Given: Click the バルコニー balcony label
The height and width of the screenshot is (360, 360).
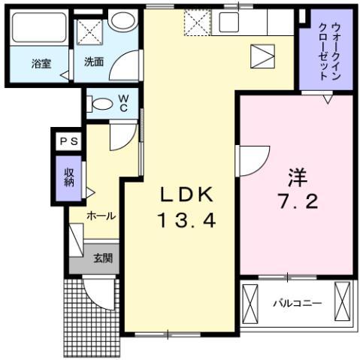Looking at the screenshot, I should point(297,303).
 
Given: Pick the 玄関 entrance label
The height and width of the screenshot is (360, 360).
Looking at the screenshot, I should point(103,259).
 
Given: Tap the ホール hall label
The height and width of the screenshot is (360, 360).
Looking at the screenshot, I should point(101,216).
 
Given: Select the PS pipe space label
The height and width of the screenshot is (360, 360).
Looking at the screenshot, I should point(68,141).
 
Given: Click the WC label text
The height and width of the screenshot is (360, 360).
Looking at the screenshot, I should point(123,103).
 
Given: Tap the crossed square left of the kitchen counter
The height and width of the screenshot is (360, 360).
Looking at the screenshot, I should point(198,23).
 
